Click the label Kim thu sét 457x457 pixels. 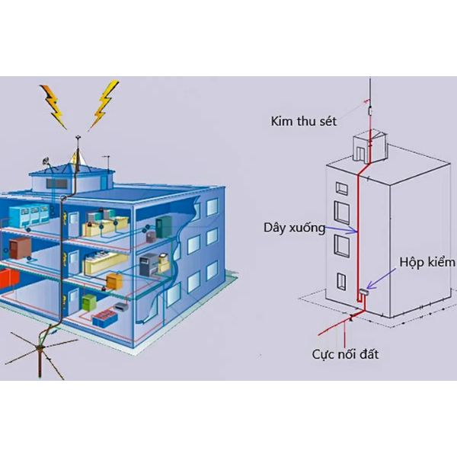(x=303, y=121)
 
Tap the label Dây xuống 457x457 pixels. (x=294, y=228)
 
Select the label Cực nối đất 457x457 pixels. (x=345, y=355)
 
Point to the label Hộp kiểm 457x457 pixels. (x=427, y=262)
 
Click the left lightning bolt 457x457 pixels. (x=53, y=107)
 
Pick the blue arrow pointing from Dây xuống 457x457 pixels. (x=341, y=229)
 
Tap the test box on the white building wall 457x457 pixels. (x=364, y=292)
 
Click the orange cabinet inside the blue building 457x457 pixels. (x=114, y=281)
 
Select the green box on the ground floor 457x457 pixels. (x=89, y=302)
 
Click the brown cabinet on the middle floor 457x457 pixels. (x=20, y=248)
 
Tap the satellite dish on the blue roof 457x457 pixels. (x=46, y=161)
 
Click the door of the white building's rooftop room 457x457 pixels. (x=360, y=155)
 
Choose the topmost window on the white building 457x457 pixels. (x=341, y=189)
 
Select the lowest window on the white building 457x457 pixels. (x=341, y=281)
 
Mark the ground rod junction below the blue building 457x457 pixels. (x=40, y=347)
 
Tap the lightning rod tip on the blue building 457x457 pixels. (x=78, y=136)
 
